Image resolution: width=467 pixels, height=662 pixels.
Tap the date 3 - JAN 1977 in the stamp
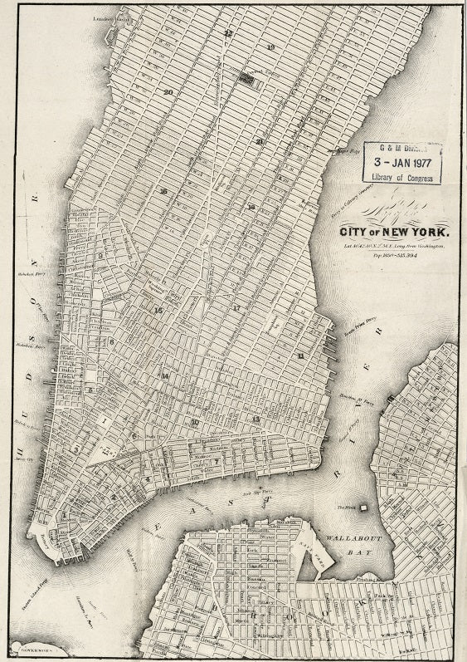pyautogui.click(x=402, y=162)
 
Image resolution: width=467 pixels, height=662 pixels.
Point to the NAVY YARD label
pyautogui.click(x=316, y=550)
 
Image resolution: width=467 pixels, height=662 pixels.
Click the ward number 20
pyautogui.click(x=168, y=91)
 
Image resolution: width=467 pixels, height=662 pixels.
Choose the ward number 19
pyautogui.click(x=270, y=47)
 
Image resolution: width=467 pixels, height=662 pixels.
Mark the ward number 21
pyautogui.click(x=260, y=141)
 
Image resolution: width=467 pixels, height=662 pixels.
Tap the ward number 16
pyautogui.click(x=163, y=192)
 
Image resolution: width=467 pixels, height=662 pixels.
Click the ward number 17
pyautogui.click(x=236, y=307)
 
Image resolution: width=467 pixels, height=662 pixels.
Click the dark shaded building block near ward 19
pyautogui.click(x=246, y=77)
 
